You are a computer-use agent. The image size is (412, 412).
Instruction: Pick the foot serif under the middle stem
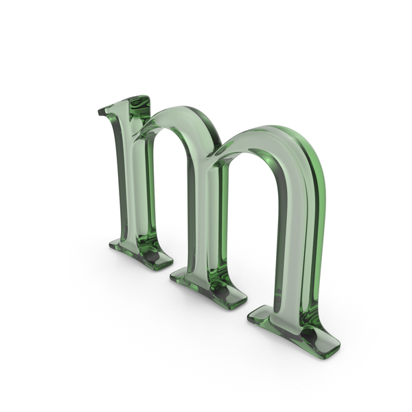pos(210,288)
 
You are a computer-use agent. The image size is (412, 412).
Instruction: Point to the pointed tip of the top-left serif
pos(99,112)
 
